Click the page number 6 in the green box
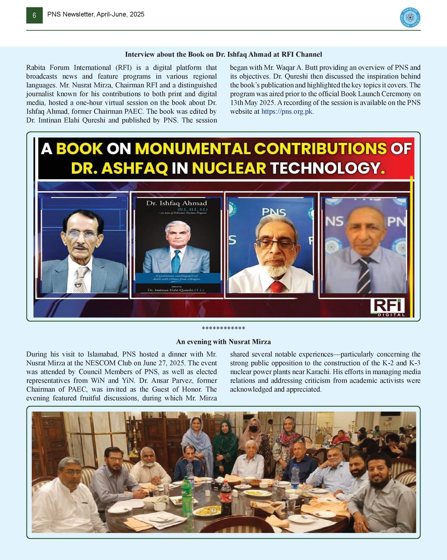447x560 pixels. (x=34, y=16)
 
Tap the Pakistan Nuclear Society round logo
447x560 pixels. (x=410, y=18)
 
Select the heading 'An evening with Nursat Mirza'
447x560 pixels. (x=223, y=341)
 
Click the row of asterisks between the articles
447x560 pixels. (x=223, y=328)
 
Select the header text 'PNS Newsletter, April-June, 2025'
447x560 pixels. (x=96, y=14)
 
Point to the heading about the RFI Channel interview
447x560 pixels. (x=223, y=54)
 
